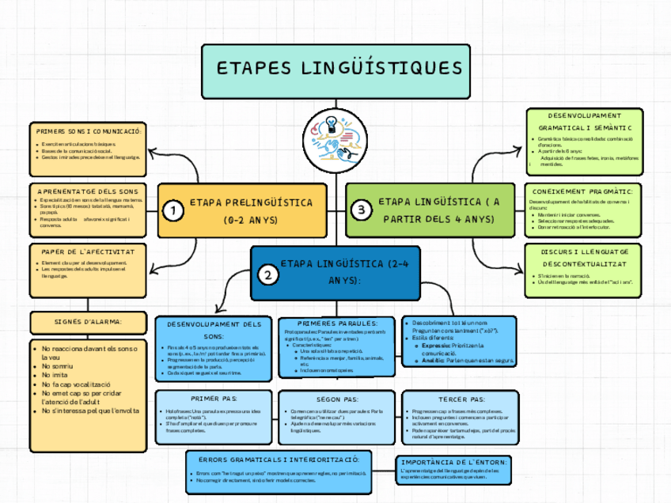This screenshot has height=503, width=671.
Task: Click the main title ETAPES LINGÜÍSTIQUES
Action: coord(339,68)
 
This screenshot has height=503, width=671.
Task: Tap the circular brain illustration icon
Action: coord(336,135)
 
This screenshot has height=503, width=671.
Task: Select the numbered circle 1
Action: coord(172,210)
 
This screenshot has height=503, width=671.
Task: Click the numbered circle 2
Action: coord(269,275)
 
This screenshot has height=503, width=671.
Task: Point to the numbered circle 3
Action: coord(361,210)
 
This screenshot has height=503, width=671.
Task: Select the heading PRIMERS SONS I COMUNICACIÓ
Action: coord(88,130)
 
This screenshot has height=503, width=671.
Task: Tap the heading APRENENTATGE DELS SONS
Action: coord(88,191)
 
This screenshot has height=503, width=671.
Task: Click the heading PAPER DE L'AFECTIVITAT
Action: coord(88,251)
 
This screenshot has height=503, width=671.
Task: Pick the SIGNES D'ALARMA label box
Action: coord(88,322)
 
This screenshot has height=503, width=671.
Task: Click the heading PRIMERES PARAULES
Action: coord(336,323)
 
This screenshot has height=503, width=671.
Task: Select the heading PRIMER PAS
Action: coord(209,399)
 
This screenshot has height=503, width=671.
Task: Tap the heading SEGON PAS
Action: coord(336,399)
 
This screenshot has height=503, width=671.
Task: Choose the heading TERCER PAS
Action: coord(461,399)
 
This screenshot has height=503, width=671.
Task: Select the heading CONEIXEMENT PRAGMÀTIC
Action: coord(583,191)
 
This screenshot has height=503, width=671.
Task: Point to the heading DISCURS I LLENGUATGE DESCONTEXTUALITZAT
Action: coord(583,257)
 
